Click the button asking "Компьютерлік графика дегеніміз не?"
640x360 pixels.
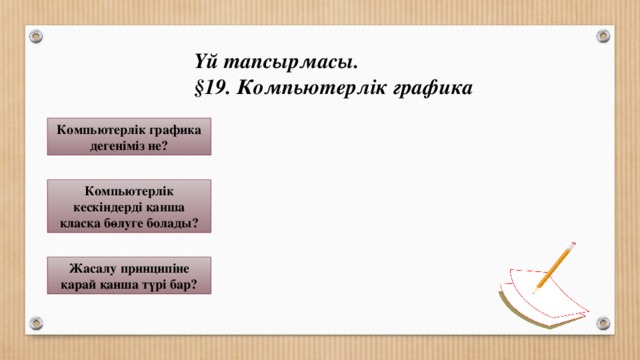click(130, 137)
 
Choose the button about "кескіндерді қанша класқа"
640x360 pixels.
click(130, 206)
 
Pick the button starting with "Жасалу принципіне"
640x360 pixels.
click(130, 274)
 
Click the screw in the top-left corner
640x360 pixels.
click(36, 36)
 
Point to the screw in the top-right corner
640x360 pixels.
click(603, 36)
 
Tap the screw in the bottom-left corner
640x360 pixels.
click(36, 323)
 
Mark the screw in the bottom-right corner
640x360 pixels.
click(603, 323)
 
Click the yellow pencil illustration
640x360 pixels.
click(553, 267)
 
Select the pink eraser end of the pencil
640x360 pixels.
click(572, 243)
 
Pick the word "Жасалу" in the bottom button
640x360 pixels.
click(91, 266)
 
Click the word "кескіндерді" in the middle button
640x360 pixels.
click(97, 206)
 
